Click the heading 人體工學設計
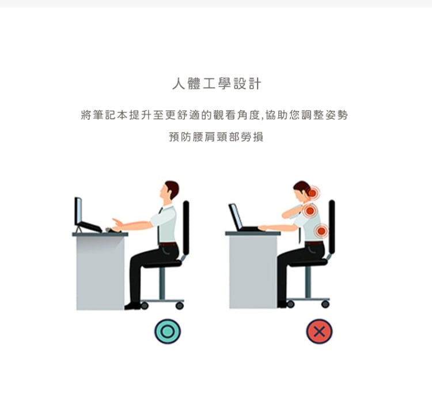click(217, 84)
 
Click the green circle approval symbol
click(168, 331)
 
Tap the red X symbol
click(319, 331)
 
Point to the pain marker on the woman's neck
click(312, 192)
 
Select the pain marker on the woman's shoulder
click(310, 211)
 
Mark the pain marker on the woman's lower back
click(321, 231)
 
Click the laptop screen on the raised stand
click(78, 211)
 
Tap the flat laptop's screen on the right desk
click(236, 217)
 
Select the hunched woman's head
click(302, 192)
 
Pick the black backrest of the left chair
click(186, 228)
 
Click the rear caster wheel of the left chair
click(180, 305)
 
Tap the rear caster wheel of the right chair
click(325, 304)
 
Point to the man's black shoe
click(132, 306)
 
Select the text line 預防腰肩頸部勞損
click(216, 137)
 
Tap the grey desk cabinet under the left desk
click(100, 273)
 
